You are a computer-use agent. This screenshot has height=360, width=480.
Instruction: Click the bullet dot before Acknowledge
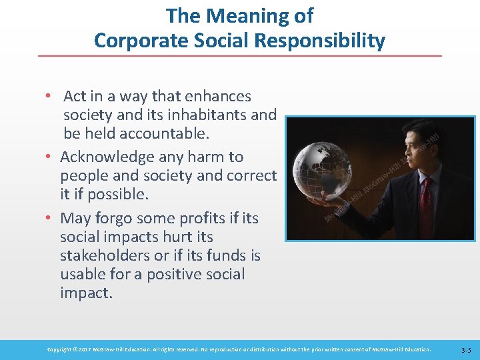(x=50, y=157)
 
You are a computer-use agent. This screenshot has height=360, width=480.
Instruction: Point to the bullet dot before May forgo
(x=50, y=219)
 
